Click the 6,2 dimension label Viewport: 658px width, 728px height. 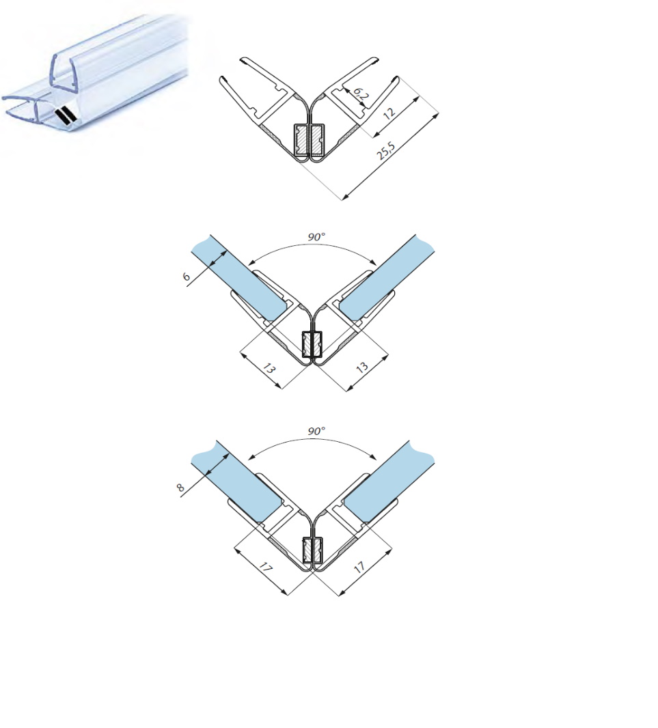tap(360, 94)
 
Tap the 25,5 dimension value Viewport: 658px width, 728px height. tap(386, 150)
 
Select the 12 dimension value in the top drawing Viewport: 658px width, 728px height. tap(389, 113)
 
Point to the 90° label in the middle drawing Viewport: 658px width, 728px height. tap(316, 237)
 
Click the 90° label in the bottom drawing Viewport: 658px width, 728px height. tap(316, 431)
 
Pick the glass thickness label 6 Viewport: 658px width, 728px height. tap(187, 277)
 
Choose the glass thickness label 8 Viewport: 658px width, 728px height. tap(180, 488)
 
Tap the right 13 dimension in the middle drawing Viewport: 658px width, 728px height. tap(362, 367)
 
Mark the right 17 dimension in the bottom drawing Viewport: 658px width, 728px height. tap(359, 567)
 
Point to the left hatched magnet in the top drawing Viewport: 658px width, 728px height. tap(301, 140)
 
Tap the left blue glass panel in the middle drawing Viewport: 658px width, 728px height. tap(240, 280)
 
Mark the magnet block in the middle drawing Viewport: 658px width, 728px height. tap(312, 344)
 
